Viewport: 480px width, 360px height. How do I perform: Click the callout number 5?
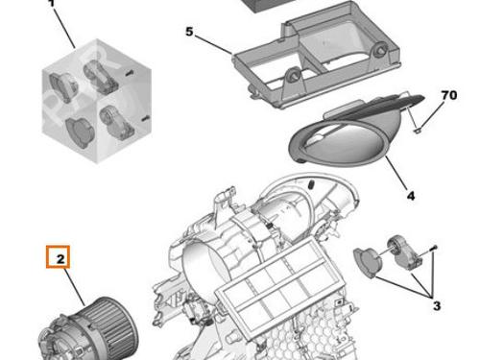tap(189, 32)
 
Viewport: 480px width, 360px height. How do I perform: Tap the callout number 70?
tap(449, 95)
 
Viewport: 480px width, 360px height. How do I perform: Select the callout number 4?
tap(411, 196)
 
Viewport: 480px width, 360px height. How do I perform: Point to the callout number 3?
tap(437, 306)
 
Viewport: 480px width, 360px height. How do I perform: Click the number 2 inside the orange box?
tap(60, 258)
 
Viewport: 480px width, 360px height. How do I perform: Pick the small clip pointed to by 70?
tap(418, 130)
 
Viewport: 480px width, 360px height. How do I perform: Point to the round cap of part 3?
tap(368, 262)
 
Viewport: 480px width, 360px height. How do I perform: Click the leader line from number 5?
tap(213, 45)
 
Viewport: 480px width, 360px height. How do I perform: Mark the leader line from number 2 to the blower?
tap(75, 287)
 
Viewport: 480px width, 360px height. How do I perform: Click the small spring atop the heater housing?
tap(312, 184)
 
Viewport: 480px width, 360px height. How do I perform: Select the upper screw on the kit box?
tap(130, 74)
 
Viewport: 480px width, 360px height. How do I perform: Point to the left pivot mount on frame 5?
tap(293, 76)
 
